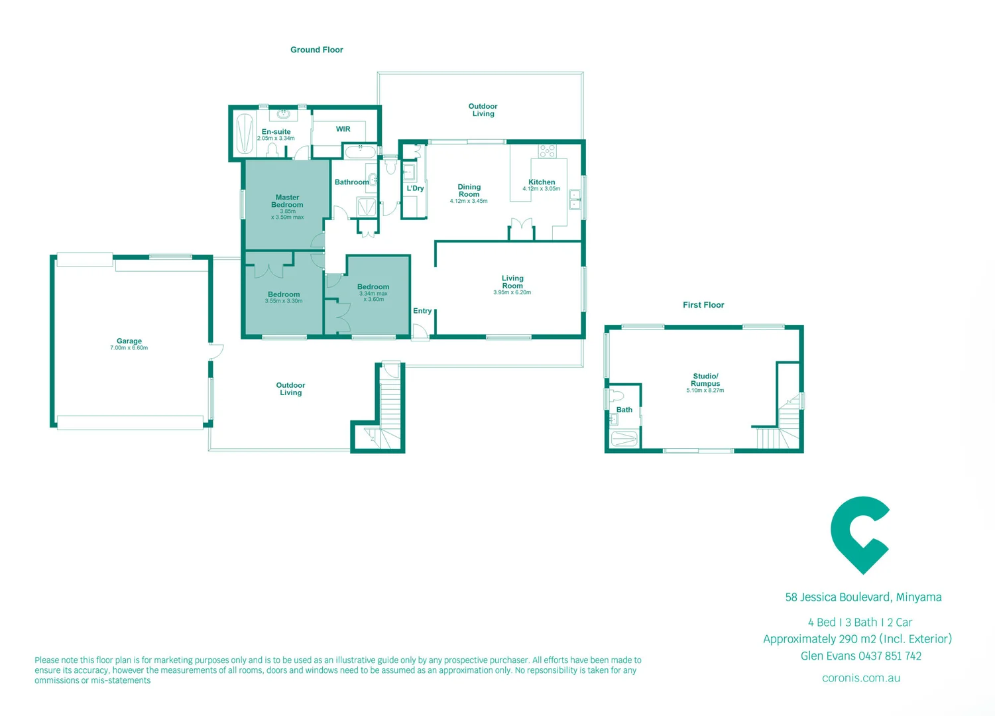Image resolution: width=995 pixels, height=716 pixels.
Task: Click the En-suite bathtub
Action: click(245, 133)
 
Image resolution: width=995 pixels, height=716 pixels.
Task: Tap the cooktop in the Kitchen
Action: click(547, 151)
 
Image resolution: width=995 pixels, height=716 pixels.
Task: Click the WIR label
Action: click(343, 129)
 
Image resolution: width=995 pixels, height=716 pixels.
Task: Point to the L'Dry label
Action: click(415, 188)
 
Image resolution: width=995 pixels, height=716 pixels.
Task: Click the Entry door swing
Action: click(419, 331)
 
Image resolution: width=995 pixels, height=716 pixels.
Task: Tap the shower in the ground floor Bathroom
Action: click(366, 208)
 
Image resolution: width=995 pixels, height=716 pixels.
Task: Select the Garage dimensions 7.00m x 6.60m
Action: click(129, 348)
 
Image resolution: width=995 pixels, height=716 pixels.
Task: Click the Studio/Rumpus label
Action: click(705, 380)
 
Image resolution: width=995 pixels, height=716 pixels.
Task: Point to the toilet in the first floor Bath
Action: click(616, 396)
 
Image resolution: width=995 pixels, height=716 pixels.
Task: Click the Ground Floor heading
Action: click(317, 50)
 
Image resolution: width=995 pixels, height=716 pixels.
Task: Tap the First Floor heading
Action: click(703, 305)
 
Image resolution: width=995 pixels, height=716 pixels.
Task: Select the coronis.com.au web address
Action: click(860, 678)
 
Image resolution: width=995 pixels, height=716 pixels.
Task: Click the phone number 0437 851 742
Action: click(890, 656)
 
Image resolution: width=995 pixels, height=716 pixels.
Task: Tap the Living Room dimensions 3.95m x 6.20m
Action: click(512, 292)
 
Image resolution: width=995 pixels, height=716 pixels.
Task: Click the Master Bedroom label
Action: click(287, 201)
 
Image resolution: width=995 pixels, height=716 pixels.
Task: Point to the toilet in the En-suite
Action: click(272, 150)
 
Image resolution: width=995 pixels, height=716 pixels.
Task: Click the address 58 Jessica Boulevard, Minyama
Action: click(863, 597)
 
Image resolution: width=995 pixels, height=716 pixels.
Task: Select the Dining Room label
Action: click(469, 191)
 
